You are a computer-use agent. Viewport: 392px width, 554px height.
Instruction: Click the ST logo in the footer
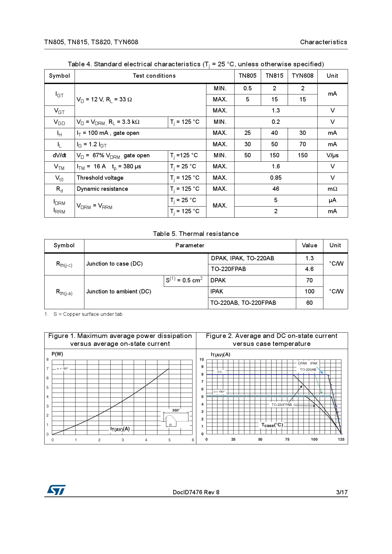[56, 490]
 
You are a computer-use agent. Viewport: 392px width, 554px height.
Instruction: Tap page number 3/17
[342, 492]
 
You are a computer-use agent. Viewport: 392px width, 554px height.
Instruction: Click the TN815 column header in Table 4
[274, 76]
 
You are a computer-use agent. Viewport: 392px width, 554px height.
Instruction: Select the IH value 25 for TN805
[248, 133]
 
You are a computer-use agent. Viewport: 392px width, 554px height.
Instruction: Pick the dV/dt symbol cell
[59, 155]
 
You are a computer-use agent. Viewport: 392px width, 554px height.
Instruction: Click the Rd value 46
[276, 189]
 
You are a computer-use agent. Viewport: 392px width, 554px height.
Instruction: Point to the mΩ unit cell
[332, 189]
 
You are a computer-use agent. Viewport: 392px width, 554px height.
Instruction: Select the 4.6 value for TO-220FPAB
[309, 269]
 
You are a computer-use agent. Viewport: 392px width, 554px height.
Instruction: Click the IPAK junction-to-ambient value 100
[309, 292]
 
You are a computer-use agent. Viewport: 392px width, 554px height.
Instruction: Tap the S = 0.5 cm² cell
[184, 280]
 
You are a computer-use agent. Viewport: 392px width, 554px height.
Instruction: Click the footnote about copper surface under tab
[88, 314]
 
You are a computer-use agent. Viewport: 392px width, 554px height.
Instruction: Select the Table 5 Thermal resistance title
[196, 234]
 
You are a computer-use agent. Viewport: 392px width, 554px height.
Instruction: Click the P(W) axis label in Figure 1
[57, 354]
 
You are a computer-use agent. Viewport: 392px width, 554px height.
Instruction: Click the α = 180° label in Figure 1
[62, 369]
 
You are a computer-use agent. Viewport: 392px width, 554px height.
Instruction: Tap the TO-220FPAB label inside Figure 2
[281, 405]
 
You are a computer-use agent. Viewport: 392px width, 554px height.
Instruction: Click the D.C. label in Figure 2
[220, 372]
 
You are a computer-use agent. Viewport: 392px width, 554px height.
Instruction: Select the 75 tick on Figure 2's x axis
[287, 439]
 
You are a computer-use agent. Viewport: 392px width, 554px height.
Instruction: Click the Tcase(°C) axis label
[272, 425]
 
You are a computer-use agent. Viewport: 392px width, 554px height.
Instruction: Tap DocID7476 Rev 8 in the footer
[196, 492]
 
